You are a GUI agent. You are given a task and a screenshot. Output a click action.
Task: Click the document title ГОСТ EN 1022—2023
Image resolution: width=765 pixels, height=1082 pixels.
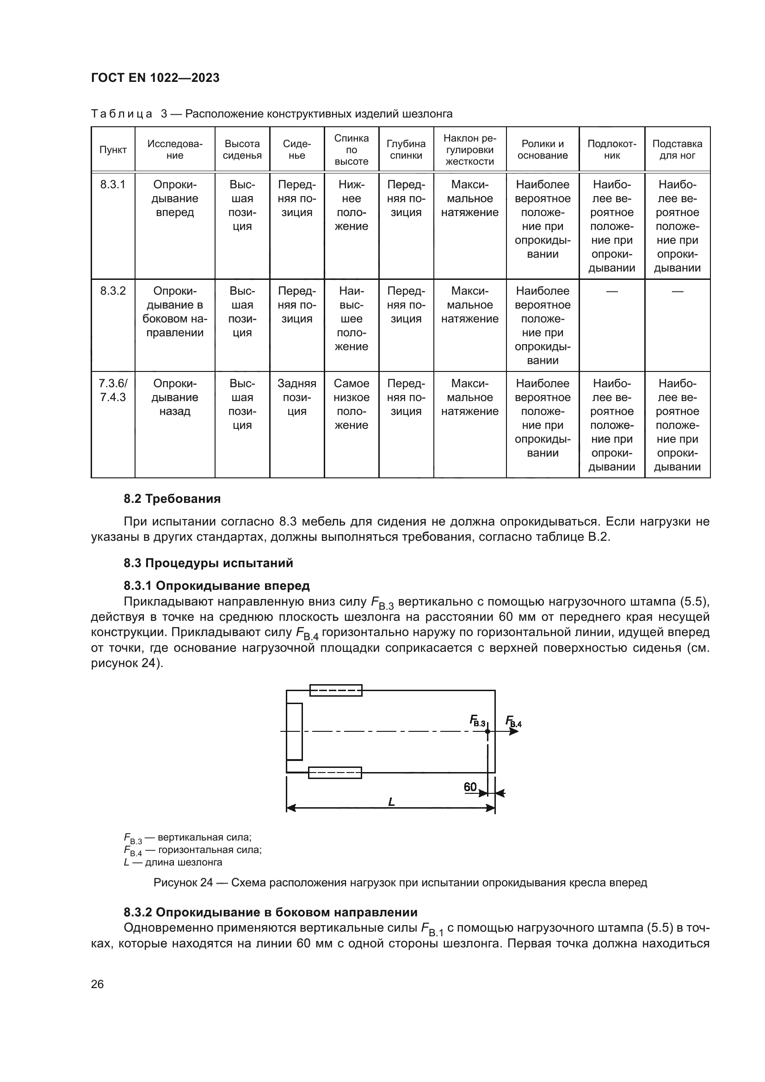pyautogui.click(x=155, y=78)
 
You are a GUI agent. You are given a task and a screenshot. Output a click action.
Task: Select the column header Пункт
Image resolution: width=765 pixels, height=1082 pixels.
pyautogui.click(x=113, y=150)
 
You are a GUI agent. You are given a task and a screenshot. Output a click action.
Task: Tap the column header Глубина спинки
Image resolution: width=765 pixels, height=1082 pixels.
pyautogui.click(x=406, y=150)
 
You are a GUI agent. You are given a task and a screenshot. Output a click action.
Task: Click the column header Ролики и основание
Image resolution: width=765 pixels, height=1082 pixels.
pyautogui.click(x=542, y=150)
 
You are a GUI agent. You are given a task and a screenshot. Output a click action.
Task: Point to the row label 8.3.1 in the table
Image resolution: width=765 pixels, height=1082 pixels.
pyautogui.click(x=113, y=185)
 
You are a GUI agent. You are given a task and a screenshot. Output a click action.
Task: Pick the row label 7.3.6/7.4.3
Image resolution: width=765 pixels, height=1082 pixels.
pyautogui.click(x=113, y=390)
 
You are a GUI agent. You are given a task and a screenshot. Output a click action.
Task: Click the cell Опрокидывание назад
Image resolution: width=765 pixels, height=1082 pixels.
pyautogui.click(x=175, y=397)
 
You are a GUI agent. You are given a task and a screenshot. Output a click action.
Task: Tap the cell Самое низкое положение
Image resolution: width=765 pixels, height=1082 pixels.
pyautogui.click(x=352, y=404)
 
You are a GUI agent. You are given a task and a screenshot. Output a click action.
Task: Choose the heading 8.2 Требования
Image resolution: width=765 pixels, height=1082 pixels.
pyautogui.click(x=172, y=499)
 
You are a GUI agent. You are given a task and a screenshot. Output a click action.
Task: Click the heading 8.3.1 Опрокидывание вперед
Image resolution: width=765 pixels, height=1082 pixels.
pyautogui.click(x=216, y=586)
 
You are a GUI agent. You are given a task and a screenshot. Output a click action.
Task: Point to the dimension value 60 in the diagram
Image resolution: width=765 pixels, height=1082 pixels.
pyautogui.click(x=469, y=787)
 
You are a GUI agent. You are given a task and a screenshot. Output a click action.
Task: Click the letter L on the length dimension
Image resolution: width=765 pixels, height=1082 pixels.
pyautogui.click(x=391, y=802)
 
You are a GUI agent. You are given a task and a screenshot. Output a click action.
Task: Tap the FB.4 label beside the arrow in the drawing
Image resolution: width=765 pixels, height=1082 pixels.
pyautogui.click(x=513, y=721)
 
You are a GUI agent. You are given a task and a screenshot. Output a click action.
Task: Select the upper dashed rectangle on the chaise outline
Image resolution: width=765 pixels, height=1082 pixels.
pyautogui.click(x=336, y=690)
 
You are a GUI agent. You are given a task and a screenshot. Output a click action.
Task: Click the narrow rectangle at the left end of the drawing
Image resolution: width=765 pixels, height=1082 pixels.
pyautogui.click(x=295, y=731)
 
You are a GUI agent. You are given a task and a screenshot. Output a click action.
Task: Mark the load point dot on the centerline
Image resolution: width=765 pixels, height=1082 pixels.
pyautogui.click(x=487, y=731)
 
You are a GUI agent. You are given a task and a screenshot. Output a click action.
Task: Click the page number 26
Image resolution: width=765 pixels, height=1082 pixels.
pyautogui.click(x=97, y=984)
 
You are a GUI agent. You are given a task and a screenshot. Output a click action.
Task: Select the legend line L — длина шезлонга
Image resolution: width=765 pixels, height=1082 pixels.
pyautogui.click(x=173, y=862)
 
